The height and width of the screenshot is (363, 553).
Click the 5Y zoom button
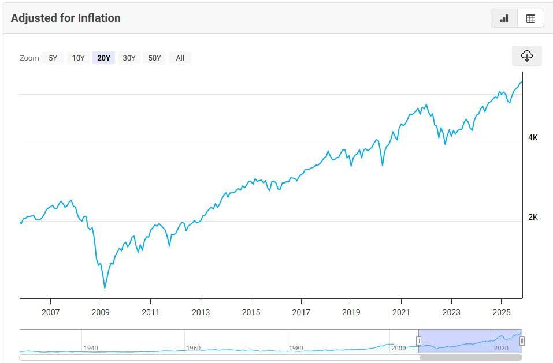tap(53, 58)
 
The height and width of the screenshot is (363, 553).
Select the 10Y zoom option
tap(79, 58)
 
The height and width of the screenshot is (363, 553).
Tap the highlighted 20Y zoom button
tap(104, 58)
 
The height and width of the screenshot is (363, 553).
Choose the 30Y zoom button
tap(129, 58)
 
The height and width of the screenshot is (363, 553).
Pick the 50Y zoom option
tap(154, 58)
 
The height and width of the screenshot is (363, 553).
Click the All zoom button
tap(180, 58)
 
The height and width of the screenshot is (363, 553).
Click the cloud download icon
tap(526, 55)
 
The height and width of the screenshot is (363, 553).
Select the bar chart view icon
tap(504, 18)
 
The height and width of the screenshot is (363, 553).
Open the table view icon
tap(530, 18)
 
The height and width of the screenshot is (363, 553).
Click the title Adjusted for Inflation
tap(66, 18)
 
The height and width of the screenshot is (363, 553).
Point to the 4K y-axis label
tap(533, 137)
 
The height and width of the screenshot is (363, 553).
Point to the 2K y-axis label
tap(533, 217)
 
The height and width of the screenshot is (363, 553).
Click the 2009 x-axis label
tap(101, 312)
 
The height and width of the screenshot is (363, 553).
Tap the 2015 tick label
tap(251, 312)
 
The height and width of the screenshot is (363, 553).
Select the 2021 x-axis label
tap(401, 312)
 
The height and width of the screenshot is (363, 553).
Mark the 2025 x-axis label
tap(501, 312)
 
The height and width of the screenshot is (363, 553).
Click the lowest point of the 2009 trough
tap(105, 287)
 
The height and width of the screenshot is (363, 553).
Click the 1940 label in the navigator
tap(91, 348)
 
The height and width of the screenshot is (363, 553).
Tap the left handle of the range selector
tap(418, 341)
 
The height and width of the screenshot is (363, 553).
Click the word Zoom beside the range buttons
tap(29, 58)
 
